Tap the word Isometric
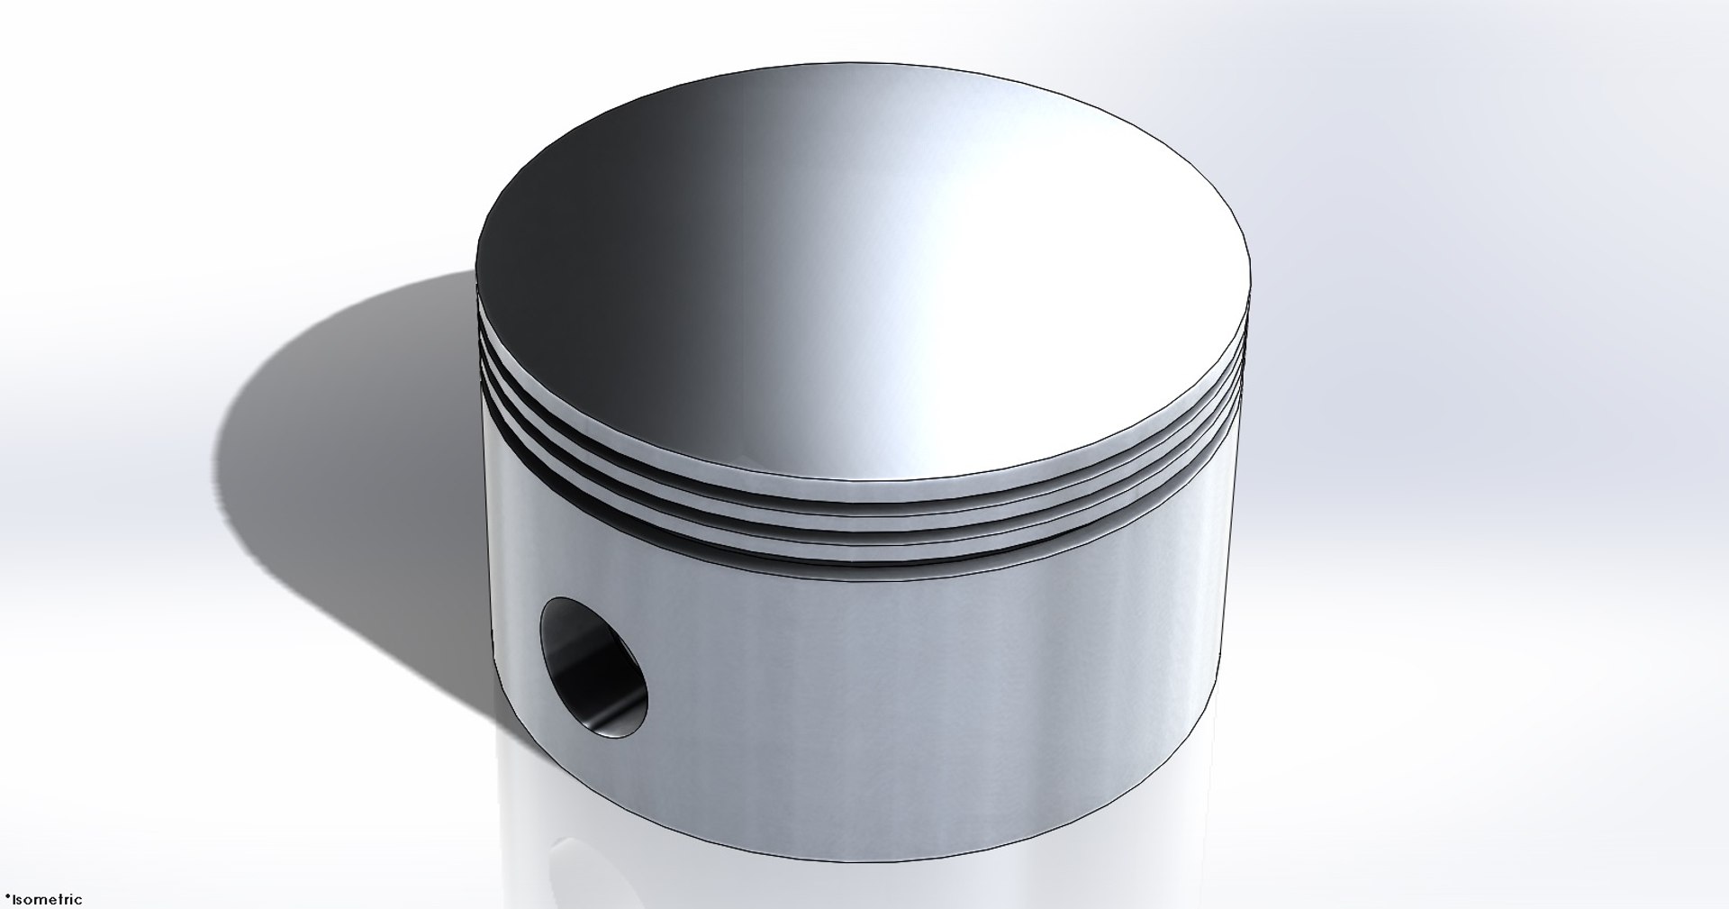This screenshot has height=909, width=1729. pos(46,899)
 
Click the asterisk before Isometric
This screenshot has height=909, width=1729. pos(6,897)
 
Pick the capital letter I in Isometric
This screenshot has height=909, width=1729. pos(14,899)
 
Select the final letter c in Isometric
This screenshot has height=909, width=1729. pos(78,900)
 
